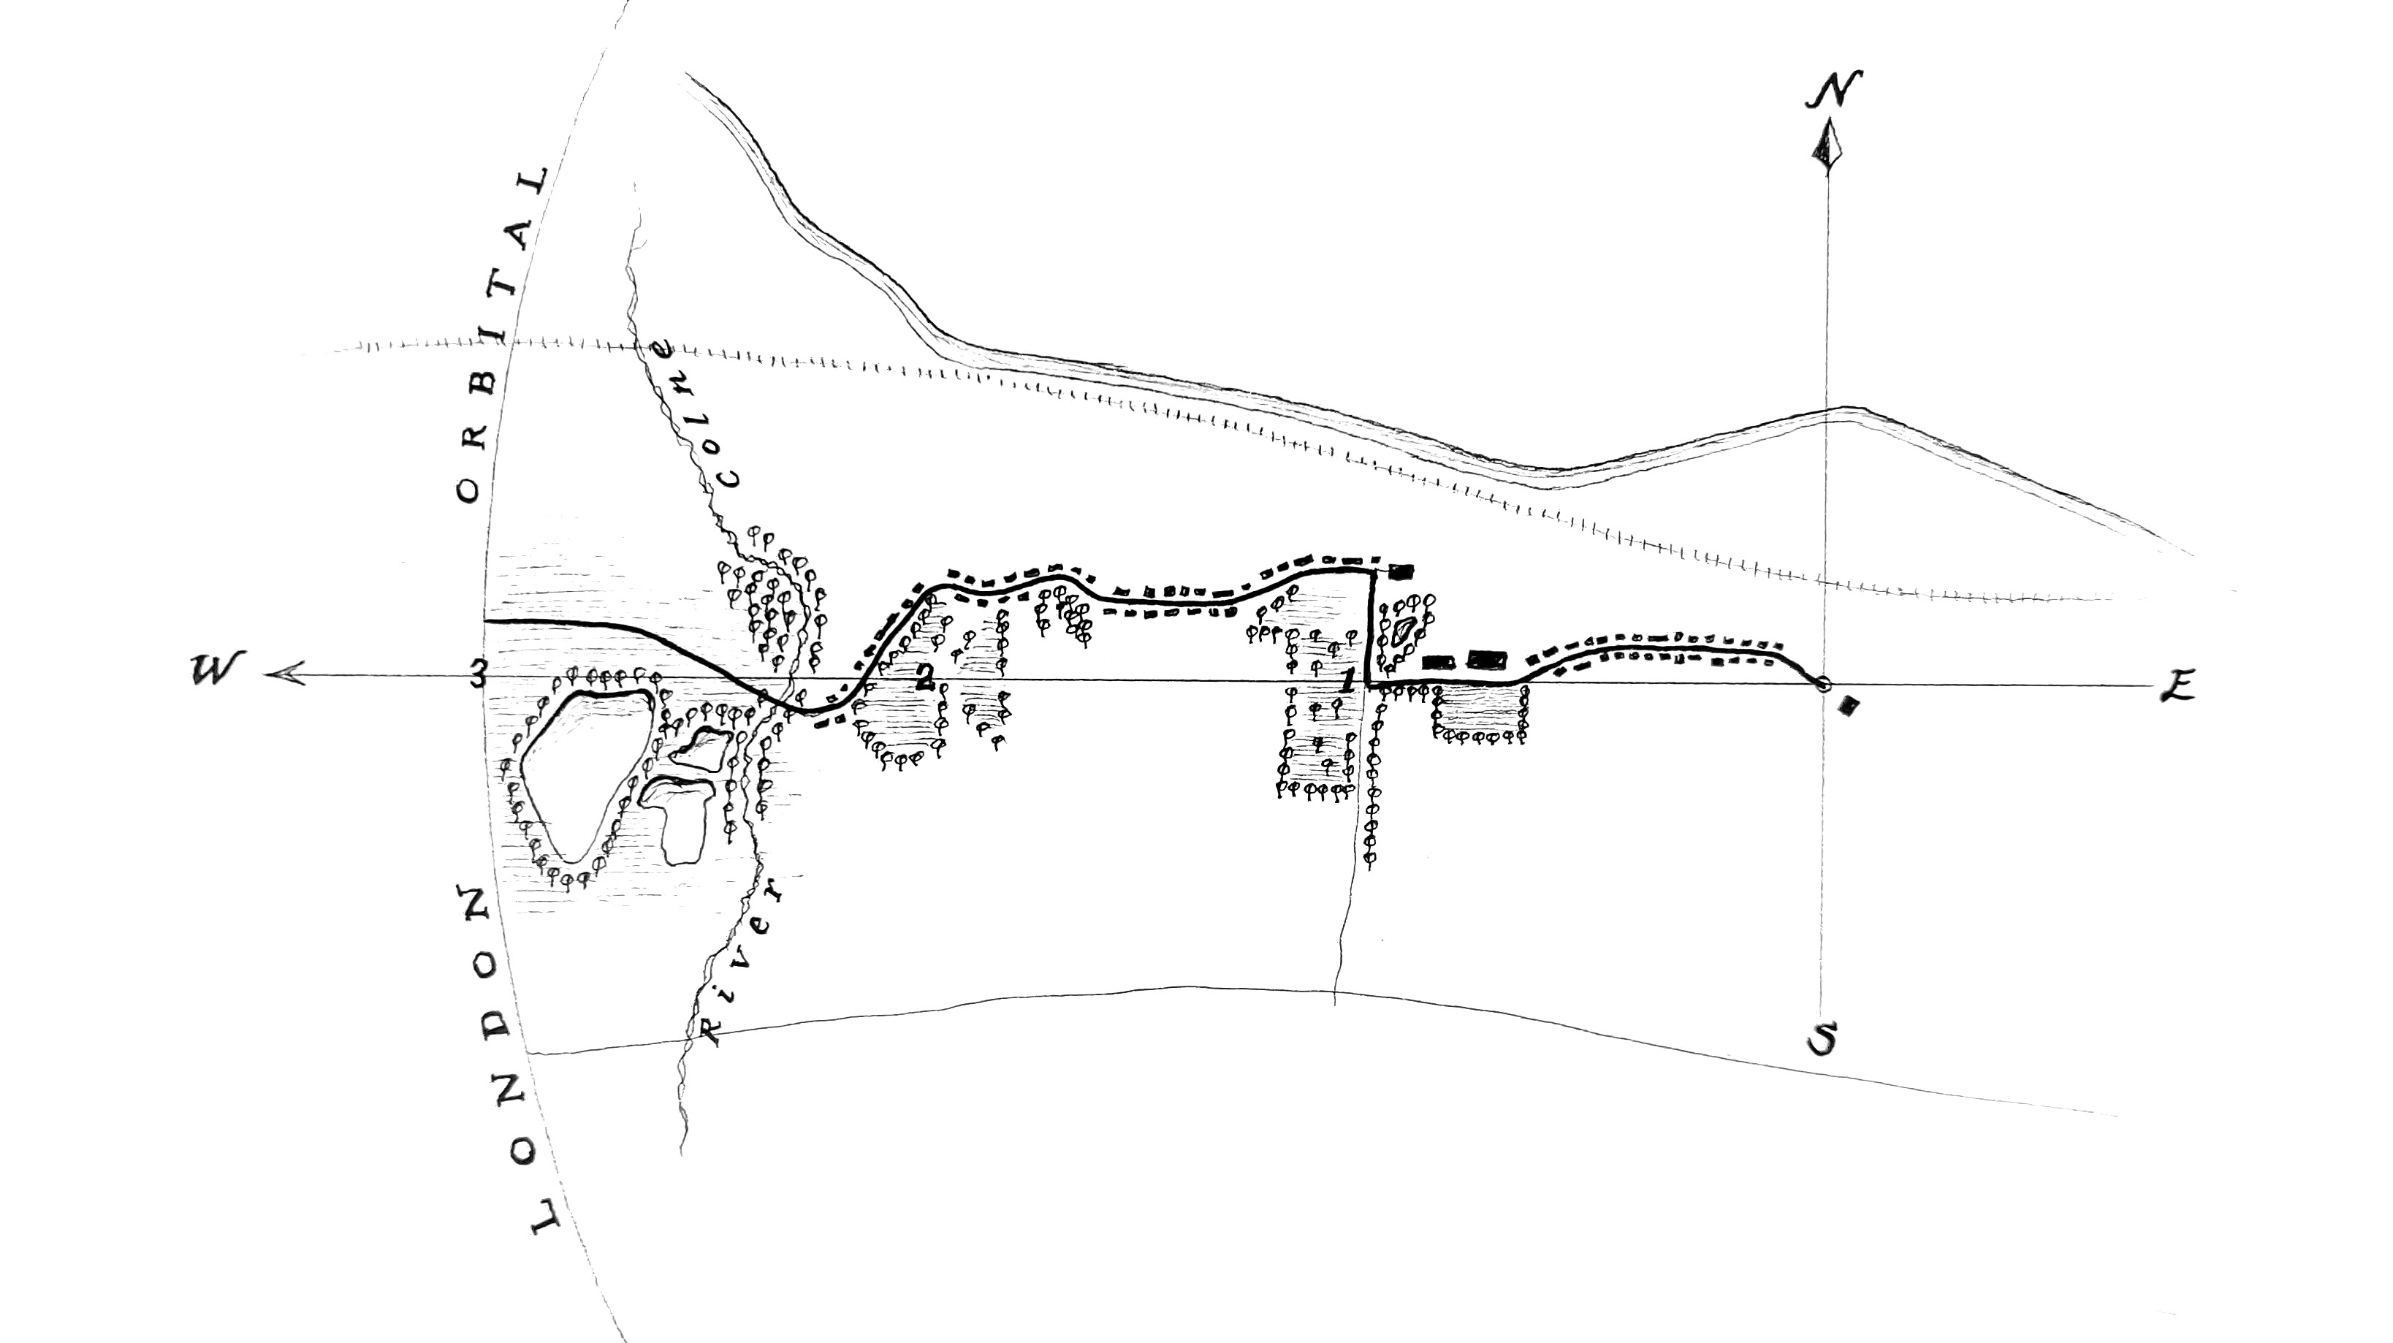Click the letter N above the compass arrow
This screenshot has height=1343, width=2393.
click(1833, 89)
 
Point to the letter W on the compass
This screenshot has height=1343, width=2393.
click(215, 669)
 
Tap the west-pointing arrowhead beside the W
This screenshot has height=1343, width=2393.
click(284, 674)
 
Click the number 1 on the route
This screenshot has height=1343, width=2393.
click(1347, 680)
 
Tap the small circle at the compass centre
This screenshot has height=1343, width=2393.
click(1822, 685)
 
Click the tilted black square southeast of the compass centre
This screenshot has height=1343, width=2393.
click(1849, 707)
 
